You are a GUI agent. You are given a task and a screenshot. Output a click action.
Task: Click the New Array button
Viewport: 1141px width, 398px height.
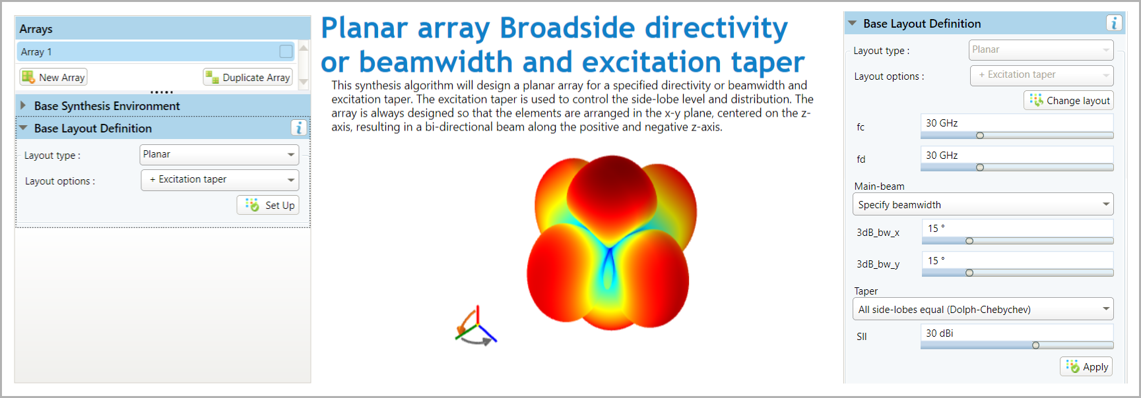[53, 77]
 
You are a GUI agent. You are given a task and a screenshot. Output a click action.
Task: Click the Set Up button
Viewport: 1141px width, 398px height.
[268, 205]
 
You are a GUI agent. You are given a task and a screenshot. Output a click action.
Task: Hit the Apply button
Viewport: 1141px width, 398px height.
[1086, 366]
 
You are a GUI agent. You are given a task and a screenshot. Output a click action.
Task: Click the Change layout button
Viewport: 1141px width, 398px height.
[1069, 100]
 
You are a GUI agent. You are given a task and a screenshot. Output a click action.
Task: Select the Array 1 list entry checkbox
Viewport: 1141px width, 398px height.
[286, 51]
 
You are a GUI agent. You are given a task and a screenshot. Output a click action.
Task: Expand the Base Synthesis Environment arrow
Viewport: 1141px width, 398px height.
[23, 105]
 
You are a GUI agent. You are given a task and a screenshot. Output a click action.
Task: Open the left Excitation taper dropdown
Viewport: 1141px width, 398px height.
[220, 180]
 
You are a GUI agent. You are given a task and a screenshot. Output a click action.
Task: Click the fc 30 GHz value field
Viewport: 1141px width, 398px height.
[1017, 123]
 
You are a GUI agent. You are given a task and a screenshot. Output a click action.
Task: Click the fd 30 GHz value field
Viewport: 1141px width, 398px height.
[1017, 156]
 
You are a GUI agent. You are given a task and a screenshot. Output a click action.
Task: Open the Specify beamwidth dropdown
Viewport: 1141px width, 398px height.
[983, 204]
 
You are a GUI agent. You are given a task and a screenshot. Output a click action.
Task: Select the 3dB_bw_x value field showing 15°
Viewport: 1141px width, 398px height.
[1018, 228]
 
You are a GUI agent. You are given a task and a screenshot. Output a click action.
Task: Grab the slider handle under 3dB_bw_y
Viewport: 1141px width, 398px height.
[969, 273]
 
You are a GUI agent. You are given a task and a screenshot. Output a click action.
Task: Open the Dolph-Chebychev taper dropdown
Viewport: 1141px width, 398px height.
[983, 309]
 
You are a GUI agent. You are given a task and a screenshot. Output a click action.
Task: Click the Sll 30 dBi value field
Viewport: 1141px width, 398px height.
[1017, 333]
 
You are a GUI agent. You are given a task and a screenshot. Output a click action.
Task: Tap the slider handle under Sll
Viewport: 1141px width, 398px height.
[1035, 345]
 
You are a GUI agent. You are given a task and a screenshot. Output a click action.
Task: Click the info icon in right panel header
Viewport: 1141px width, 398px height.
[1114, 23]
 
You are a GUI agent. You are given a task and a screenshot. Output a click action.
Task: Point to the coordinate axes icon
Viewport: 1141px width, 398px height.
[476, 326]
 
